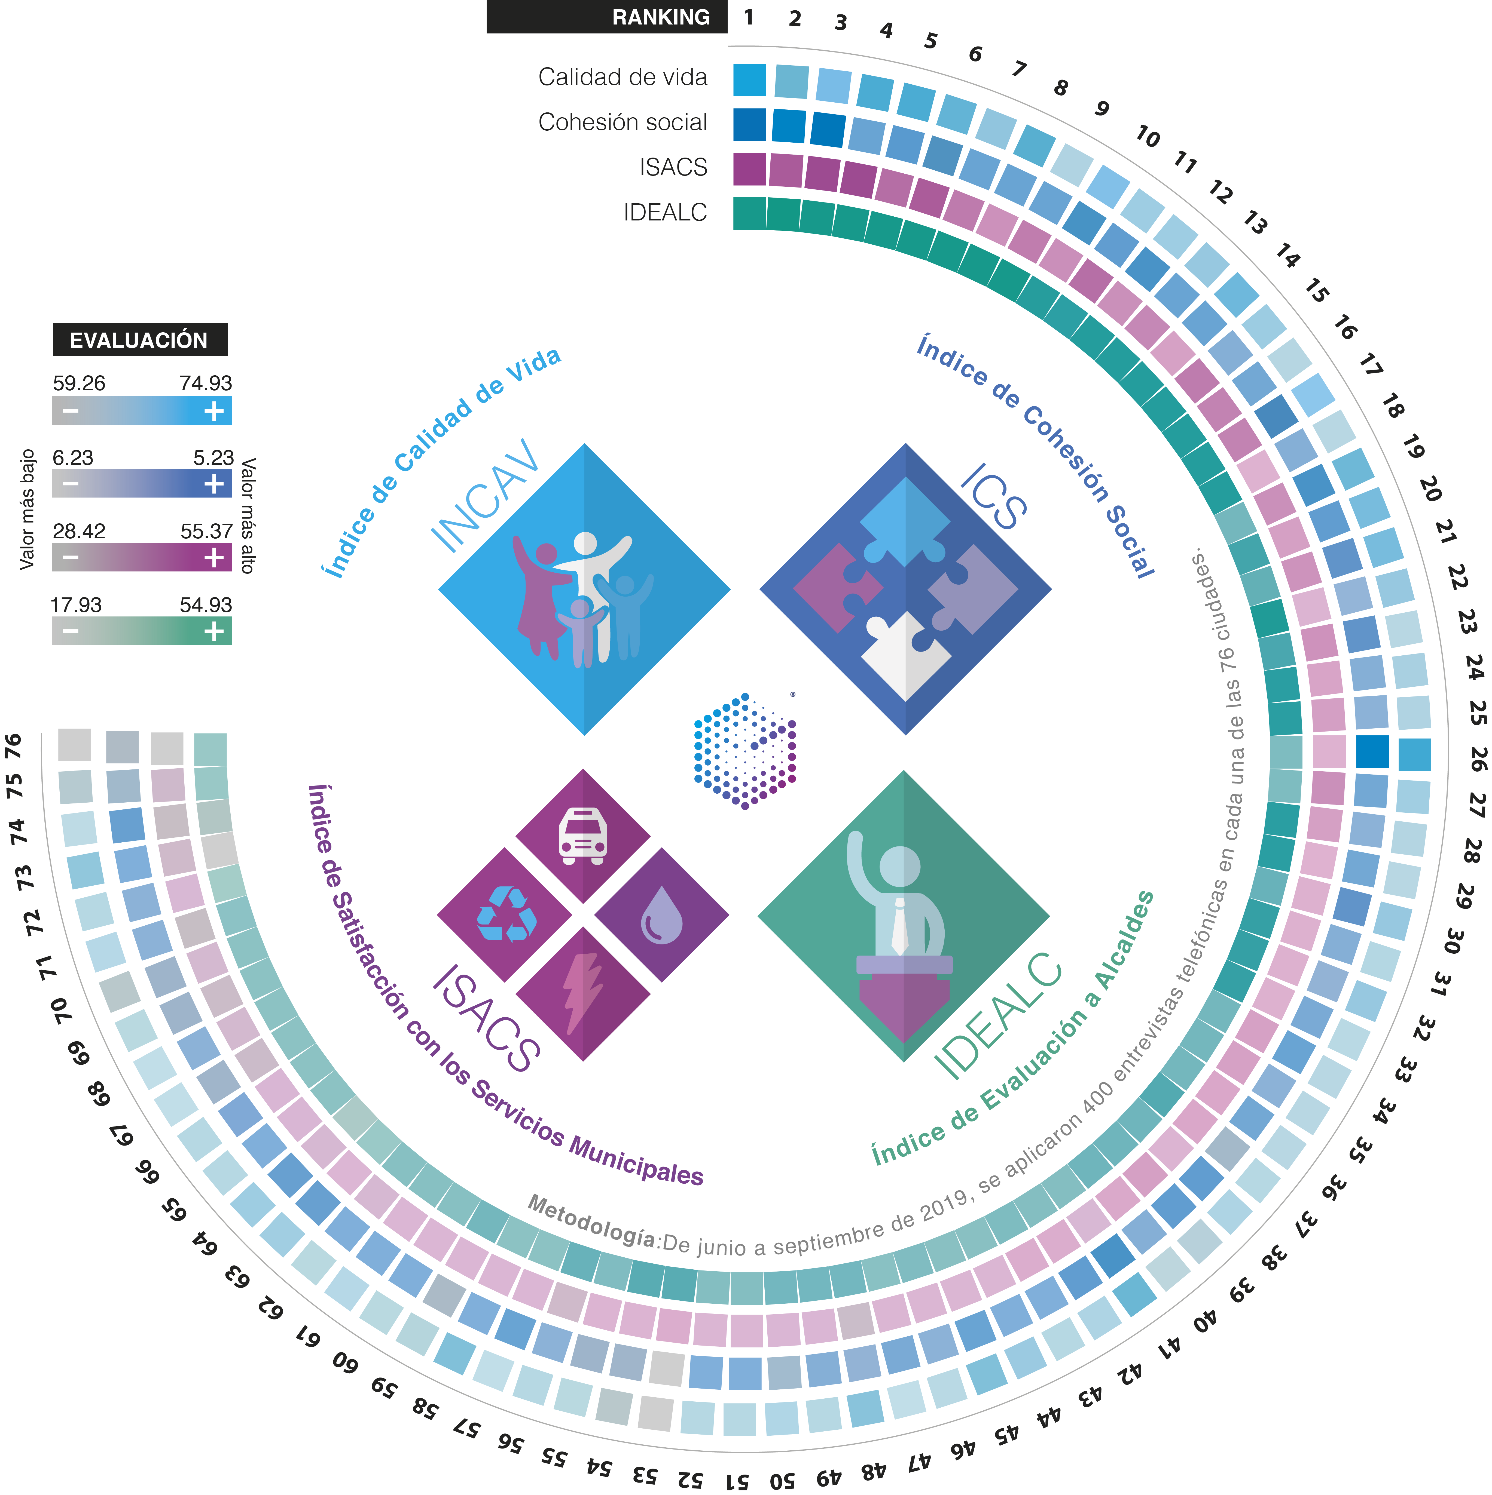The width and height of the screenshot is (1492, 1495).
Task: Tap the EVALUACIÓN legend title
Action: pyautogui.click(x=140, y=340)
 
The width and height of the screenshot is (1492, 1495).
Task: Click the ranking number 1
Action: pyautogui.click(x=748, y=17)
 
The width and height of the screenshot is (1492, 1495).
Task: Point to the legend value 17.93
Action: pyautogui.click(x=76, y=605)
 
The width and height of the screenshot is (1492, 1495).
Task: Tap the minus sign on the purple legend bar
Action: pyautogui.click(x=71, y=557)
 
